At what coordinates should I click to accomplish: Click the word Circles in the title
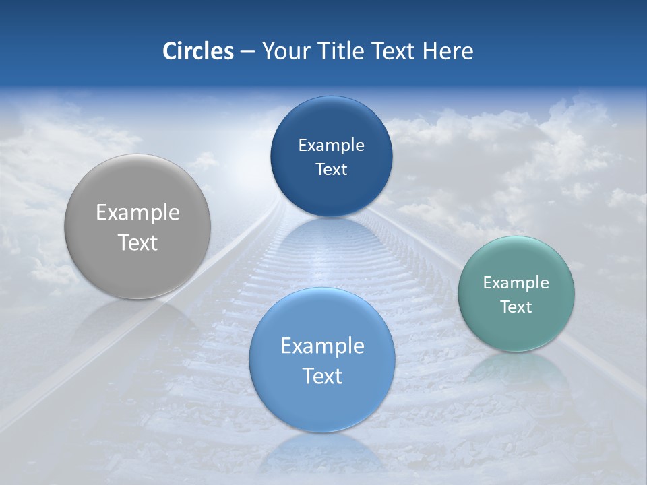(x=197, y=51)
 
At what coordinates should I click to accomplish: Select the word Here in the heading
(x=448, y=51)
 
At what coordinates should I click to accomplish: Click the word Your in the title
(x=284, y=51)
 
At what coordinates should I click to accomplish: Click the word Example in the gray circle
(x=137, y=213)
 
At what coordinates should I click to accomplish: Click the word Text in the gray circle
(x=137, y=243)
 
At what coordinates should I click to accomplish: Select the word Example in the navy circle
(x=331, y=145)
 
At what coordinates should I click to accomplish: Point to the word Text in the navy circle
(x=331, y=170)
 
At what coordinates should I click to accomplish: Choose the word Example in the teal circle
(x=516, y=283)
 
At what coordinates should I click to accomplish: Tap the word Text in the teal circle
(x=516, y=307)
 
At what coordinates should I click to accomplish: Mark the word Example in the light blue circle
(x=322, y=346)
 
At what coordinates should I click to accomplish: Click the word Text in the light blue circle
(x=322, y=377)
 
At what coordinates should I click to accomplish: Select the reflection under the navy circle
(x=331, y=236)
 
